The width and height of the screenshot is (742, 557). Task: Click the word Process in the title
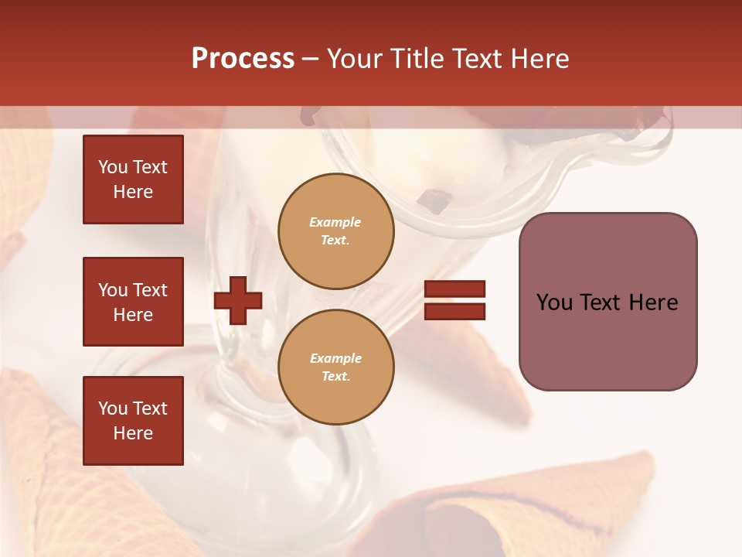(x=243, y=59)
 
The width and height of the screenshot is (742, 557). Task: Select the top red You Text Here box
(x=133, y=179)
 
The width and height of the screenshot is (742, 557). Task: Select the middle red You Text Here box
(x=133, y=302)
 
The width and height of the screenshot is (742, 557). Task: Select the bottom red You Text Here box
(x=133, y=421)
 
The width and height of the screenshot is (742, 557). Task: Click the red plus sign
(x=238, y=300)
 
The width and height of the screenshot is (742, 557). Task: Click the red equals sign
(x=454, y=300)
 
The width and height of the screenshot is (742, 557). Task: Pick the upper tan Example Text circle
(x=336, y=231)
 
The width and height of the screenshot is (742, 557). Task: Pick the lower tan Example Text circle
(x=336, y=367)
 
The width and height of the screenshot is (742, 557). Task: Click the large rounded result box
(x=608, y=302)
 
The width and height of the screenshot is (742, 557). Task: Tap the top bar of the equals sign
(x=454, y=289)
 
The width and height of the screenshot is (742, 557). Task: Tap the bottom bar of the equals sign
(x=454, y=311)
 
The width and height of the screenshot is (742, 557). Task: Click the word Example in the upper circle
(x=335, y=223)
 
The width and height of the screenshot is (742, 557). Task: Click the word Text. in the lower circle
(x=335, y=377)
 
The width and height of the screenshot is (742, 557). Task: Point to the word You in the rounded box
(x=555, y=302)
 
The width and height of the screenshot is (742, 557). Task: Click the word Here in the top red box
(x=133, y=192)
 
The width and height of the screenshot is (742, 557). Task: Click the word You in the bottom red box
(x=113, y=408)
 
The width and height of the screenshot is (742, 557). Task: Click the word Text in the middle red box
(x=150, y=290)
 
